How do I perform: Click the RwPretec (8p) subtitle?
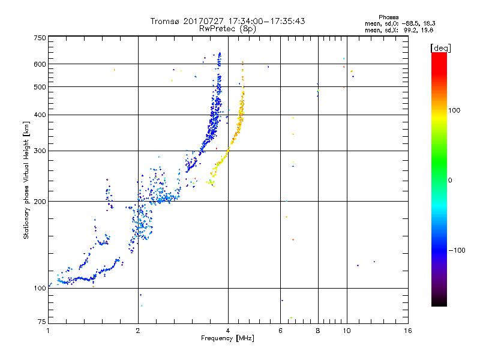227,28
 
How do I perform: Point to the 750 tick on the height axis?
40,38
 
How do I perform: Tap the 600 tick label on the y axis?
40,64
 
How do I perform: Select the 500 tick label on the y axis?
40,87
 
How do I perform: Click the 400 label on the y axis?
40,115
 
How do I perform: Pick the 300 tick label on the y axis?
40,151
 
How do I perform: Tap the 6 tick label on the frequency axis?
281,331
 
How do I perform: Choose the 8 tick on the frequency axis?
318,331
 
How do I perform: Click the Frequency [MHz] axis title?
227,338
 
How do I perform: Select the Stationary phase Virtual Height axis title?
26,180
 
